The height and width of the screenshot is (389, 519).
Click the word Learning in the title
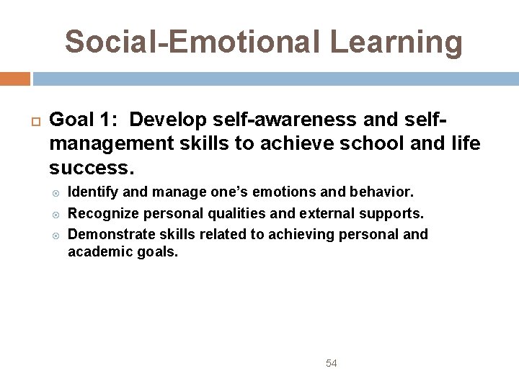tap(396, 42)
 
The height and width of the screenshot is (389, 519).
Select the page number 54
tap(331, 363)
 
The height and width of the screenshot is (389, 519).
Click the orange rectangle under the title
tap(14, 79)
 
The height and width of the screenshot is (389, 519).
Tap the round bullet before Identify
tap(58, 193)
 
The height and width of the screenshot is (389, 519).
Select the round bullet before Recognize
tap(58, 214)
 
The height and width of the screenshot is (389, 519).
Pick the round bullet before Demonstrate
tap(58, 235)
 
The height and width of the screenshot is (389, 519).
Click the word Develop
tap(168, 119)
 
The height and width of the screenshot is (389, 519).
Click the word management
tap(112, 143)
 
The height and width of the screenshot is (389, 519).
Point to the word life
tap(466, 143)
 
